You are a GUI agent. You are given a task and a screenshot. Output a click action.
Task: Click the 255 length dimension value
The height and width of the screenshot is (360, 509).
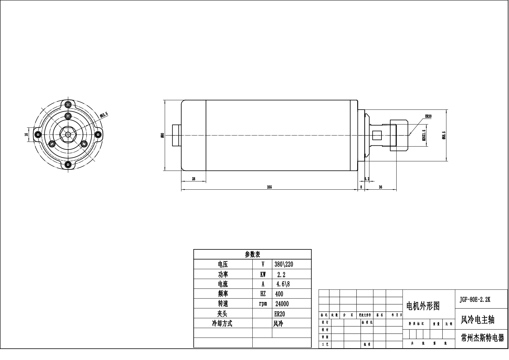pyautogui.click(x=269, y=187)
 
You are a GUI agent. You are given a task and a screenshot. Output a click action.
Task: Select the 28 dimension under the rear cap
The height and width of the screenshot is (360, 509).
pyautogui.click(x=194, y=179)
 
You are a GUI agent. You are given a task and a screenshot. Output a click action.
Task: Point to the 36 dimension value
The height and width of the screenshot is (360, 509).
pyautogui.click(x=381, y=187)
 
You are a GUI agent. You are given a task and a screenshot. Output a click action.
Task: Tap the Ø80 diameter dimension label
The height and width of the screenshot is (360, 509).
pyautogui.click(x=162, y=135)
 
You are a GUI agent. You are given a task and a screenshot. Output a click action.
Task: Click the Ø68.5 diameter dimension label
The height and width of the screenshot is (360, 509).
pyautogui.click(x=444, y=135)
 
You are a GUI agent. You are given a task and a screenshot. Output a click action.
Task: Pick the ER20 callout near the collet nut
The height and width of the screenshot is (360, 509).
pyautogui.click(x=428, y=116)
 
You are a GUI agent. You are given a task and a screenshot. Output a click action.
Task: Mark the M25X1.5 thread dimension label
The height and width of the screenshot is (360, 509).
pyautogui.click(x=424, y=135)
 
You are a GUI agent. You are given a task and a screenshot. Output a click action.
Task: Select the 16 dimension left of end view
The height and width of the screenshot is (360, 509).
pyautogui.click(x=26, y=134)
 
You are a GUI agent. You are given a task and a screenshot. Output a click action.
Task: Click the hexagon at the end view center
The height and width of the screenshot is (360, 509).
pyautogui.click(x=68, y=134)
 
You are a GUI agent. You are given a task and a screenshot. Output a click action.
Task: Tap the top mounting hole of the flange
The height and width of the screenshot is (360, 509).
pyautogui.click(x=68, y=105)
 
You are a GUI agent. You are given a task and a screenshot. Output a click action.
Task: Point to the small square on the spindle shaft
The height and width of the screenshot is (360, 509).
pyautogui.click(x=377, y=135)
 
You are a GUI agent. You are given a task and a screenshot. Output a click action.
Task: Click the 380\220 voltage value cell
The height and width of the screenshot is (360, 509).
pyautogui.click(x=284, y=264)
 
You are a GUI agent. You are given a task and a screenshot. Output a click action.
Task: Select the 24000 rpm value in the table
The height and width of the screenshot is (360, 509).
pyautogui.click(x=282, y=304)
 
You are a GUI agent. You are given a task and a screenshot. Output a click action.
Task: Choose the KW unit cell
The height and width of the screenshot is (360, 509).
pyautogui.click(x=263, y=275)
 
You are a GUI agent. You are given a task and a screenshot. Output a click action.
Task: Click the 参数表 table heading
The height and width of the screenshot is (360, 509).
pyautogui.click(x=252, y=255)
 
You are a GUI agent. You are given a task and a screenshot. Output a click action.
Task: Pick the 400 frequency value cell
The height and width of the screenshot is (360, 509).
pyautogui.click(x=279, y=294)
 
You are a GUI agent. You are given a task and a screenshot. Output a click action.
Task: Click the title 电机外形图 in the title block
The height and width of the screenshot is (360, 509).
pyautogui.click(x=423, y=306)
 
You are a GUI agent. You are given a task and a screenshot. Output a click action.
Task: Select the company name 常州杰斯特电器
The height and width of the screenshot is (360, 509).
pyautogui.click(x=482, y=338)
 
